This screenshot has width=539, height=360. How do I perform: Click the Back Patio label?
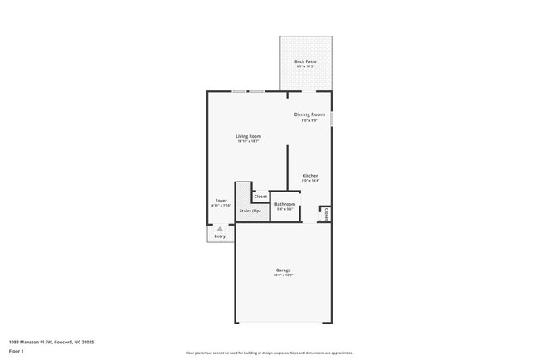pos(305,61)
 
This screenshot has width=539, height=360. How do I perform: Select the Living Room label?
pos(248,136)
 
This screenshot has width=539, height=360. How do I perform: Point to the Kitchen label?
pos(310,175)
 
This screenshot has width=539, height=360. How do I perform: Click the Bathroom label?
pos(285,204)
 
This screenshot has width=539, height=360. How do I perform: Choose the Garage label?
pos(284,270)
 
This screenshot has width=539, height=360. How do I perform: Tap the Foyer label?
pos(221,200)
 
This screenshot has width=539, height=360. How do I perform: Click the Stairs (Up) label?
pos(250,211)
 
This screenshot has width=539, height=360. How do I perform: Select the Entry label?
pos(220,236)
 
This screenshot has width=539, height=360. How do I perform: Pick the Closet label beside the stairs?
pos(260,197)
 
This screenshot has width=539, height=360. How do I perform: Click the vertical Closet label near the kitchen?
pos(326,214)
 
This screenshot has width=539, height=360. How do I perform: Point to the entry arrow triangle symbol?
pos(220,228)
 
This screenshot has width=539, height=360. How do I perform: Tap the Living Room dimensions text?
pos(248,141)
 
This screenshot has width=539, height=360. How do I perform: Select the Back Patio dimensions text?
pos(305,66)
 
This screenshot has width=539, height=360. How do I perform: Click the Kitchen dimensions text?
pos(310,180)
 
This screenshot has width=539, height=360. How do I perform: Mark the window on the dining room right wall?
pos(332,119)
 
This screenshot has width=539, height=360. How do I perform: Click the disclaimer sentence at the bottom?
pos(269,353)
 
